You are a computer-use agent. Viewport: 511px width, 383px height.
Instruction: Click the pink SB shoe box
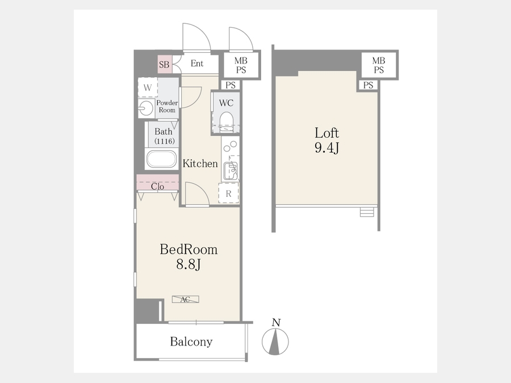coord(164,64)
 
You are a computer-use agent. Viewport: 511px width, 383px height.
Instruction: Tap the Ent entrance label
coord(197,64)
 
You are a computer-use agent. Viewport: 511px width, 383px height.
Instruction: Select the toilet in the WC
coord(226,122)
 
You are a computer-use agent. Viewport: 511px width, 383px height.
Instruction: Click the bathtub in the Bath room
coord(162,159)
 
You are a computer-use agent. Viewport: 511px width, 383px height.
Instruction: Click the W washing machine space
coord(148,87)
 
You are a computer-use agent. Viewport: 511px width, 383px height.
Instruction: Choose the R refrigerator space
coord(228,193)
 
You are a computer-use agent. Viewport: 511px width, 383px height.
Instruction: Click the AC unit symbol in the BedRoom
coord(186,299)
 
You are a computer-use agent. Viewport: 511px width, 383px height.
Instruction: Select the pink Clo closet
coord(158,182)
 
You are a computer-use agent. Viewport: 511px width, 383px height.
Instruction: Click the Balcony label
coord(191,342)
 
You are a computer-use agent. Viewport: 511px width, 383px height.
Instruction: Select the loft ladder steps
coord(367,212)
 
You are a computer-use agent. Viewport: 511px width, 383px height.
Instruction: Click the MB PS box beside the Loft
coord(379,65)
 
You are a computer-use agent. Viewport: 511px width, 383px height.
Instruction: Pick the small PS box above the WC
coord(231,85)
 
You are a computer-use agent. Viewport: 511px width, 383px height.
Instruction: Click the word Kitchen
coord(200,163)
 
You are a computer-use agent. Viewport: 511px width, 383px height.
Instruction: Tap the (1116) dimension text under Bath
coord(165,141)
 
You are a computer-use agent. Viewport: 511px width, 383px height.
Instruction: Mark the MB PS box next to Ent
coord(241,65)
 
